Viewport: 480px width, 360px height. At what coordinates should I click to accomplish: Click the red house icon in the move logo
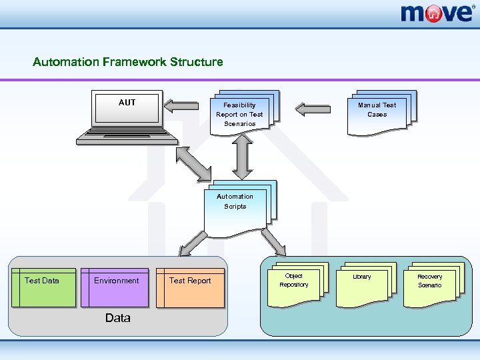tap(433, 14)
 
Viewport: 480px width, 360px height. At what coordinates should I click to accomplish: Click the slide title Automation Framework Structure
tap(127, 62)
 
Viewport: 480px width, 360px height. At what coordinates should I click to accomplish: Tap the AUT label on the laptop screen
tap(127, 102)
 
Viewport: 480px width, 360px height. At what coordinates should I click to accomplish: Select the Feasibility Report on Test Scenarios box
tap(245, 113)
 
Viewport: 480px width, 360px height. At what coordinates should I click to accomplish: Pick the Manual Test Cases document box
tap(382, 113)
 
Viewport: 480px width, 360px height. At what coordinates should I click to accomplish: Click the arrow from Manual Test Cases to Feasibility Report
tap(313, 109)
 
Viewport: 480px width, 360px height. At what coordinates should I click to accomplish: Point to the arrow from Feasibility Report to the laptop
tap(181, 106)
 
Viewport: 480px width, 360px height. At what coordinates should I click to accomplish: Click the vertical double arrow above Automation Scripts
tap(242, 157)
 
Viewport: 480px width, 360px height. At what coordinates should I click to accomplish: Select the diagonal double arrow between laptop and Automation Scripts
tap(193, 164)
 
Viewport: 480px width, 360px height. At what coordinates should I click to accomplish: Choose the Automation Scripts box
tap(240, 209)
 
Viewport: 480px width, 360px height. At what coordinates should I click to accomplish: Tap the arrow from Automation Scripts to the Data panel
tap(193, 244)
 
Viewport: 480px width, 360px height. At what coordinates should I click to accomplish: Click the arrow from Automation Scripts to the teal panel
tap(273, 242)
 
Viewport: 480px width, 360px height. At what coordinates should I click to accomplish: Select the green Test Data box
tap(43, 287)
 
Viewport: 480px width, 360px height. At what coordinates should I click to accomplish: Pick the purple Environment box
tap(115, 287)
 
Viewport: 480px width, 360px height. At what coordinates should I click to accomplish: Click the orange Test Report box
tap(190, 288)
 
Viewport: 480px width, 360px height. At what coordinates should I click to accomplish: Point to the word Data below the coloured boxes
tap(118, 318)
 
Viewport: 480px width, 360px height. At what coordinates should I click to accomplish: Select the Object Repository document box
tap(297, 285)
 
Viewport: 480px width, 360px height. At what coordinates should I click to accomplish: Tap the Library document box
tap(366, 285)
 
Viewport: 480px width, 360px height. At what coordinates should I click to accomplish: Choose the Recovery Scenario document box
tap(434, 285)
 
